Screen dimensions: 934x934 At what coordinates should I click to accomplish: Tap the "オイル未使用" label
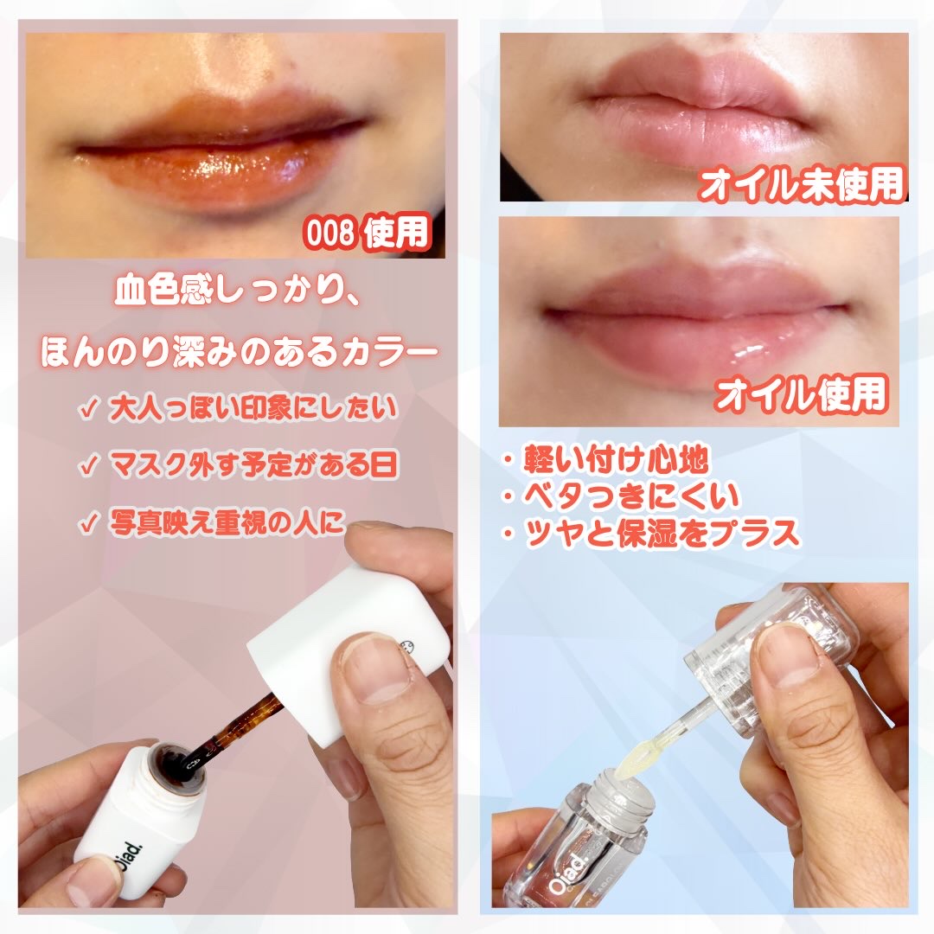(x=802, y=185)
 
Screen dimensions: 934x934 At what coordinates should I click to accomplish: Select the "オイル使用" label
(x=802, y=393)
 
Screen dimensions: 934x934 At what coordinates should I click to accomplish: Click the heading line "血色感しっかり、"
(x=237, y=291)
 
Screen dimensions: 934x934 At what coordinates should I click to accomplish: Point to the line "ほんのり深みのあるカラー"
(x=240, y=351)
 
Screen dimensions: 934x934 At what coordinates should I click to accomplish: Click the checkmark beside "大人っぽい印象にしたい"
(x=89, y=411)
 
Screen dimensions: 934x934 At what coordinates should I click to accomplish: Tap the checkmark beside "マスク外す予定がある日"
(x=89, y=466)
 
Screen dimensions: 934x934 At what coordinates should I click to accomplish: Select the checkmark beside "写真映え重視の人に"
(x=89, y=524)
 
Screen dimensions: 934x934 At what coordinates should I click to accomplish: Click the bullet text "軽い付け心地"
(x=616, y=459)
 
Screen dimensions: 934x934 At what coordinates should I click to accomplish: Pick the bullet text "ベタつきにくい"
(x=630, y=496)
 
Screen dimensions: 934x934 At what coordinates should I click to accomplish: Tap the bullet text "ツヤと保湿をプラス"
(x=662, y=533)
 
